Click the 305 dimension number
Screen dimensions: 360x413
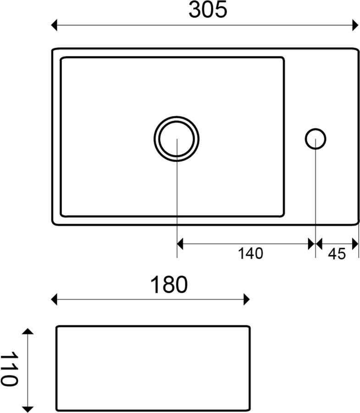pos(208,10)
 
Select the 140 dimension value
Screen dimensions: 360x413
pos(250,253)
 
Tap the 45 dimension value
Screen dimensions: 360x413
pos(337,254)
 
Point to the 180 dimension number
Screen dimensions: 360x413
pos(169,285)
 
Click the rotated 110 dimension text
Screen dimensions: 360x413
pos(10,369)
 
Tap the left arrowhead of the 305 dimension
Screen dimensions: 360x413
pos(54,25)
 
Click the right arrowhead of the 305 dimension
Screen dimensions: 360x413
pos(355,25)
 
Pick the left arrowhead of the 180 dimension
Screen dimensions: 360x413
pos(54,300)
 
